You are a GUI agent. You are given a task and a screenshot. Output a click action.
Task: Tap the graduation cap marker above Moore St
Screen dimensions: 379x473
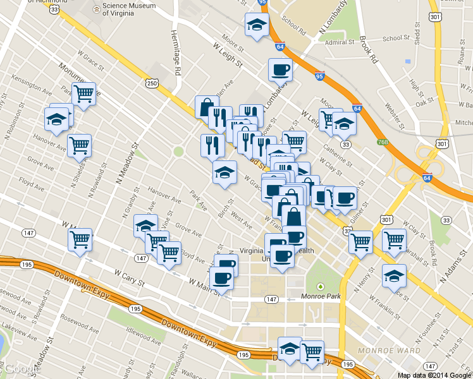pyautogui.click(x=257, y=26)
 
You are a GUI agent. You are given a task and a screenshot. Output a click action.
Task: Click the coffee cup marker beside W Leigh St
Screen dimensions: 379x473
pyautogui.click(x=280, y=71)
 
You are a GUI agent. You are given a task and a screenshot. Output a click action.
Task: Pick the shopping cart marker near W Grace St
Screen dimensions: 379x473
pyautogui.click(x=83, y=95)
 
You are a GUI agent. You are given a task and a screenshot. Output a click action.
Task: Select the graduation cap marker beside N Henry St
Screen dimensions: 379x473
pyautogui.click(x=395, y=276)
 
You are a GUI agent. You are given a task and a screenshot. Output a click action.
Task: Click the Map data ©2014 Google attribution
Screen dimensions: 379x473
pyautogui.click(x=435, y=375)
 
